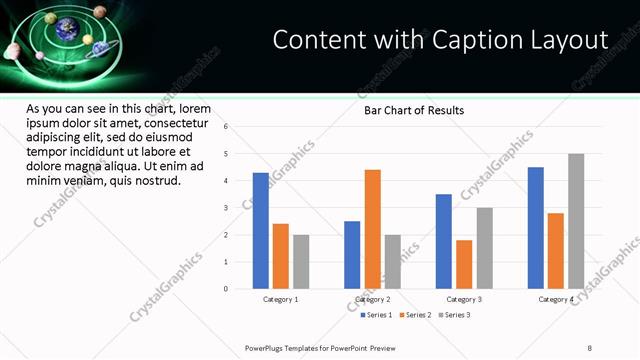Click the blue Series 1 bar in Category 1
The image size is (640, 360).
[260, 231]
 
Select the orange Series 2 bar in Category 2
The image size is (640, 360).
[372, 229]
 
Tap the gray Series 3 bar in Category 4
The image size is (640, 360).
[576, 221]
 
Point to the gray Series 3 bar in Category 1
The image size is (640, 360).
[301, 262]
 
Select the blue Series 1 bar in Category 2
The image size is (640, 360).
[352, 255]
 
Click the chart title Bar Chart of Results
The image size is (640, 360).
[413, 110]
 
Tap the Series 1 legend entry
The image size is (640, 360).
[377, 315]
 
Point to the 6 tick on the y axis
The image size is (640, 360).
[226, 127]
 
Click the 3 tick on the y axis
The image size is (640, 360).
[226, 208]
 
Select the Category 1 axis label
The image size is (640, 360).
[281, 299]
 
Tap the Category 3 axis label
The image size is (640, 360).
[464, 299]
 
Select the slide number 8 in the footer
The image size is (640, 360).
[589, 347]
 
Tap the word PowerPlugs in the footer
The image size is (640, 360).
[266, 347]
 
